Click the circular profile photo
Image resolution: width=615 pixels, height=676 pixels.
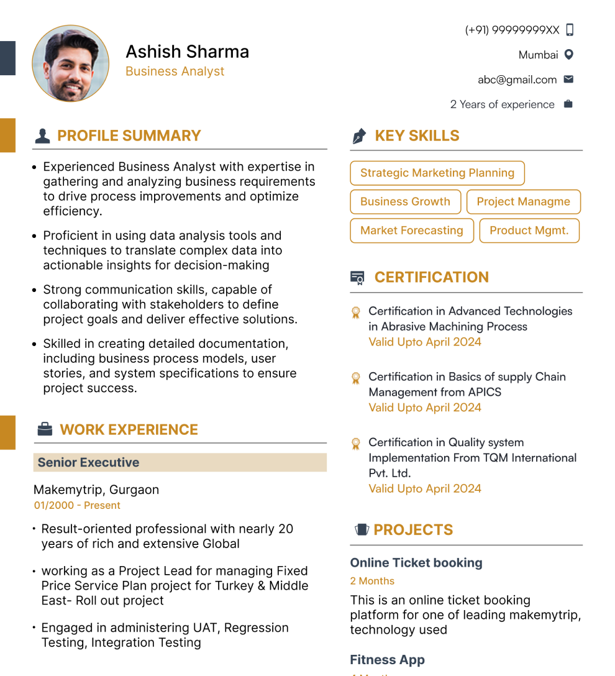point(70,63)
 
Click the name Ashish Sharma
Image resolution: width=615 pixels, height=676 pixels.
point(187,52)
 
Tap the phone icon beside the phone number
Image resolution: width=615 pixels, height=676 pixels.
point(570,30)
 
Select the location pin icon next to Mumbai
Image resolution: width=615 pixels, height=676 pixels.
point(568,55)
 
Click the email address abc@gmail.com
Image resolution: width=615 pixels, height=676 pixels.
point(517,80)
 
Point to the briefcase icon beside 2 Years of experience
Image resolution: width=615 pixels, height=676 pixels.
point(568,104)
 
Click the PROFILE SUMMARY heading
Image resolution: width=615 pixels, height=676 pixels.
point(129,136)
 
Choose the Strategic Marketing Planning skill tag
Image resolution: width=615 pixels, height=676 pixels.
point(437,173)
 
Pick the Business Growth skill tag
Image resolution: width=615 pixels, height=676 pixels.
point(405,202)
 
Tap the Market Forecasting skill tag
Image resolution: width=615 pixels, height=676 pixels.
point(412,231)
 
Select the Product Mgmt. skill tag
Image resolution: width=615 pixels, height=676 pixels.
point(529,231)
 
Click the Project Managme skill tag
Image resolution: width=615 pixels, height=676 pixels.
point(523,202)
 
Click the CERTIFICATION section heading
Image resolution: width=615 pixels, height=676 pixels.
point(431,278)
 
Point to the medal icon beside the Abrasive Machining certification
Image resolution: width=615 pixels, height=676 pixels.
point(356,312)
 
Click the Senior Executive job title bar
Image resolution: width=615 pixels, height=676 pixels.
point(180,462)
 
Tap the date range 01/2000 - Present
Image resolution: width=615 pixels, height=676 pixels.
point(77,506)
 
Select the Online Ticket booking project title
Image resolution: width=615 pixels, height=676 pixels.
point(416,563)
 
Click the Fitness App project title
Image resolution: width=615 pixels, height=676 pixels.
point(387,660)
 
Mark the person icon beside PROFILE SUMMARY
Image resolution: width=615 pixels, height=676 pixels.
point(42,136)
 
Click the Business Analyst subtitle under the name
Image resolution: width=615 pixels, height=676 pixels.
point(175,71)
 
